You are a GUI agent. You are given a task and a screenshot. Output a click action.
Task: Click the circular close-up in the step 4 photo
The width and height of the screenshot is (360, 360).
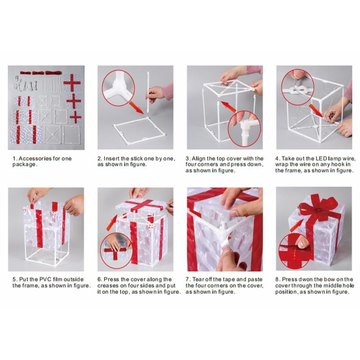tap(296, 87)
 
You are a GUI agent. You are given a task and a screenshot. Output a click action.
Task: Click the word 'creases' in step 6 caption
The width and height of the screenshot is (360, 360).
tap(109, 285)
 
